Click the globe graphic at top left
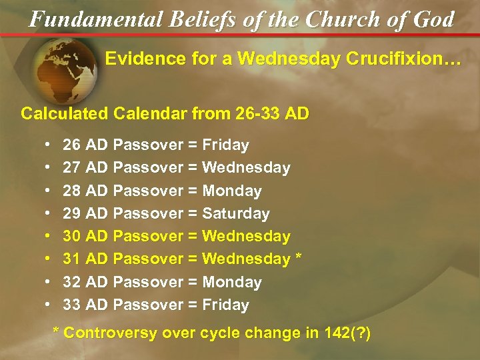point(66,69)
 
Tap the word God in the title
point(433,19)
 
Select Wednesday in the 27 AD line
point(246,167)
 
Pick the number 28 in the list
point(72,191)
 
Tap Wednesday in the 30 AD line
point(246,236)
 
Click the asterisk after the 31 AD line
point(298,258)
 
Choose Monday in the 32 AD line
point(231,282)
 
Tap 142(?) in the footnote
point(347,333)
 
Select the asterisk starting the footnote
point(56,331)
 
